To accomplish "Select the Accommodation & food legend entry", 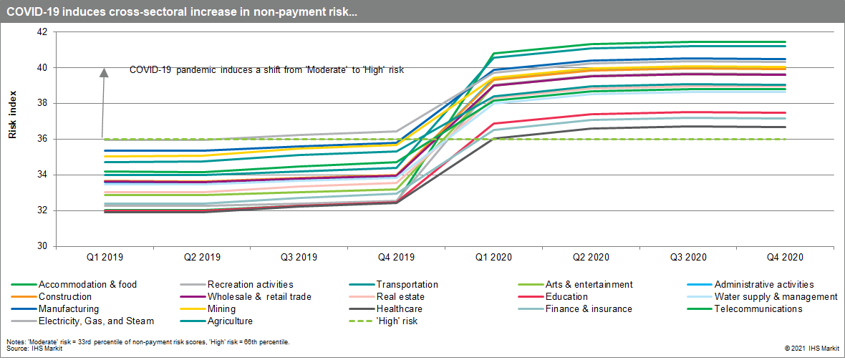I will (x=87, y=285).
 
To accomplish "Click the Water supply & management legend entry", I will (x=776, y=297).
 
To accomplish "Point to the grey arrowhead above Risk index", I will (x=103, y=72).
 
